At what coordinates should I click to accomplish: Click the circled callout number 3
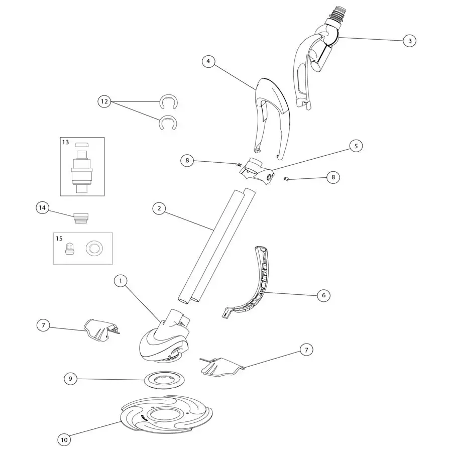410,41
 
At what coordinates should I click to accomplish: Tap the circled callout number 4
208,61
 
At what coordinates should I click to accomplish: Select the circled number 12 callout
104,101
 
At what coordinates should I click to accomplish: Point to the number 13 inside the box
66,143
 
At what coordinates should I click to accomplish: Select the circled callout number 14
42,207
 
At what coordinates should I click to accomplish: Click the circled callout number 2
159,208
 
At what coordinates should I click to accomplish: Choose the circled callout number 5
356,146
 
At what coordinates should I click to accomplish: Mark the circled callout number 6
323,295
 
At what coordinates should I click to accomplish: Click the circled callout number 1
121,281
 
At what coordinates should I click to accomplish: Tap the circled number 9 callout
71,379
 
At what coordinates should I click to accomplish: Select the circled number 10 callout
64,440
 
